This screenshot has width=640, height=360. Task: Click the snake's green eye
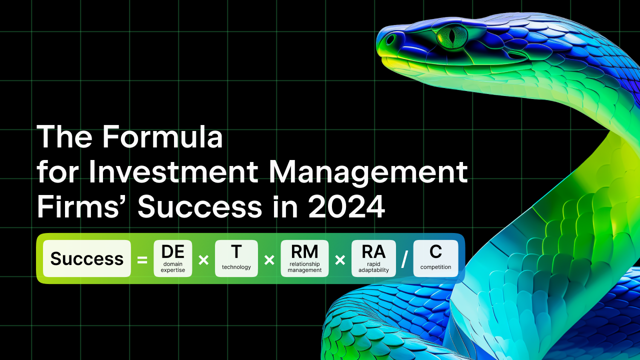pos(451,36)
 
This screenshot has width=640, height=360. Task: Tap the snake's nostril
pos(390,39)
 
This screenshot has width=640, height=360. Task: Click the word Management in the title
pos(368,173)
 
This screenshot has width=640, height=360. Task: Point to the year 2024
pos(346,206)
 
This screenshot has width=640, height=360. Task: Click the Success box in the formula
pos(87,258)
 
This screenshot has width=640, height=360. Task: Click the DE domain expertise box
pos(173,258)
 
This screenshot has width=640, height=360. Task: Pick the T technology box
pos(236,258)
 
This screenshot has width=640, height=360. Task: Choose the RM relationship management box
pos(304,258)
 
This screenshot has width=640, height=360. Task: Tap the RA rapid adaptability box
pos(373,258)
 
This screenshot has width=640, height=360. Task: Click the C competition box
pos(435,258)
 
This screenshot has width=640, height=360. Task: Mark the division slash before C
pos(404,259)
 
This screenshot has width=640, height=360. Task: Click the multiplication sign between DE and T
pos(203,260)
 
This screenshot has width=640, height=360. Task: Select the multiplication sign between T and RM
pos(269,260)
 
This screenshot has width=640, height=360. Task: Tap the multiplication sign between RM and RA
pos(340,260)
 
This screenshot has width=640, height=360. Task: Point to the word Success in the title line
pos(199,206)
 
